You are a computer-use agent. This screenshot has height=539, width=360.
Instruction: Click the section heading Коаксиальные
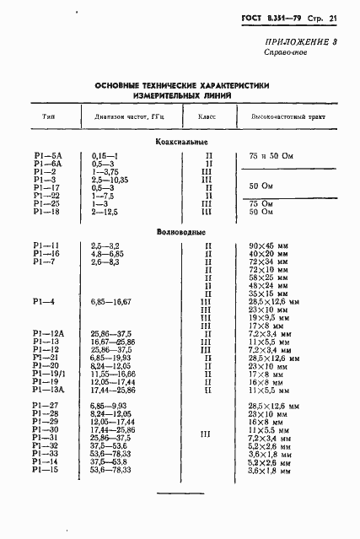pos(181,141)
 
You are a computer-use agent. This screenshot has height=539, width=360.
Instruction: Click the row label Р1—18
pos(46,212)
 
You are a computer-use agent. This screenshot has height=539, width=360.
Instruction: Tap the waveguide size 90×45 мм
pos(266,245)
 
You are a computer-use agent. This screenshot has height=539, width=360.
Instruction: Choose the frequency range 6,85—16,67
pos(110,301)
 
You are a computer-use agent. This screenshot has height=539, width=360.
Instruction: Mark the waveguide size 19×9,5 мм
pos(268,317)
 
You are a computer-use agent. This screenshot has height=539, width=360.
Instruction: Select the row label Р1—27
pos(46,407)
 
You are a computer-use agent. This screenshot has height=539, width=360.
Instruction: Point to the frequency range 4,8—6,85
pos(108,253)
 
